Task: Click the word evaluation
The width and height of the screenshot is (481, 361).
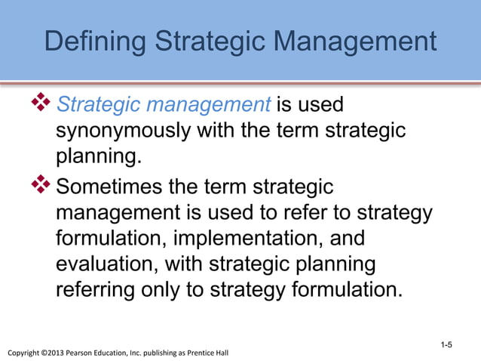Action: click(110, 265)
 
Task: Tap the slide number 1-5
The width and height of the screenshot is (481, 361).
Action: click(446, 345)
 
